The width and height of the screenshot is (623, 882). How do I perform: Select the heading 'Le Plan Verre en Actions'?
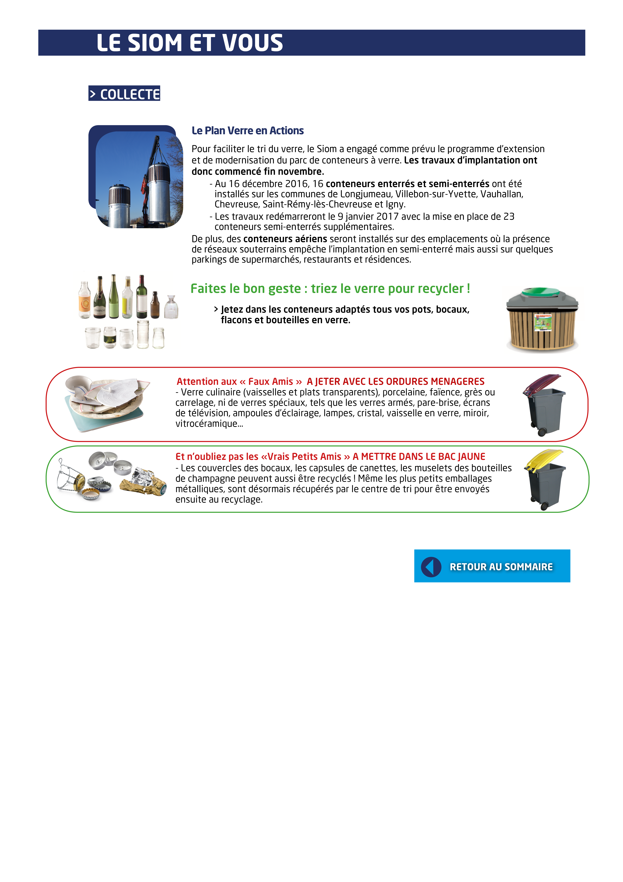pos(248,131)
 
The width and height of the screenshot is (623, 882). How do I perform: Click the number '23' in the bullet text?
pos(509,217)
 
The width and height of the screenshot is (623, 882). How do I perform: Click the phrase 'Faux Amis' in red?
pos(271,381)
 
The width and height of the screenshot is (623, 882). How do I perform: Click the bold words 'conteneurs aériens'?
pos(285,239)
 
